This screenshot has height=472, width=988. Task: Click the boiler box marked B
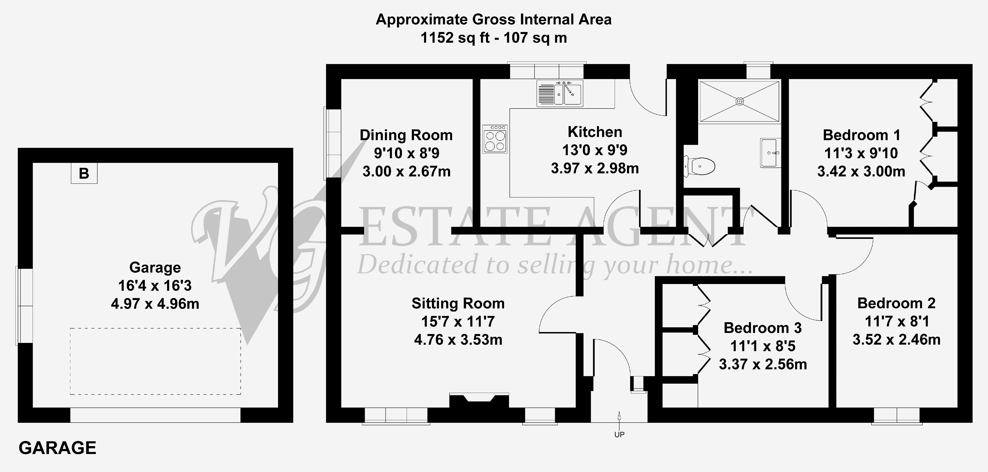click(84, 173)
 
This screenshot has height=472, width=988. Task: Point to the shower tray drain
click(739, 101)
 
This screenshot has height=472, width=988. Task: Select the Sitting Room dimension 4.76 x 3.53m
click(458, 340)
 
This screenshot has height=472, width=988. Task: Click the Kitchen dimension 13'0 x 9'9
click(595, 150)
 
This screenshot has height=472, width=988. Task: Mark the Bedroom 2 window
click(897, 416)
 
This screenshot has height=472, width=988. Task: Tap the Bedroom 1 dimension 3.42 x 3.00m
click(861, 171)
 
